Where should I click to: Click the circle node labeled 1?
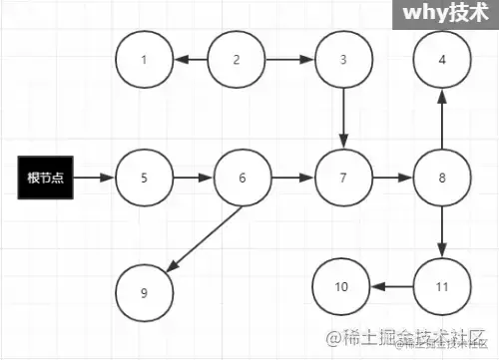pyautogui.click(x=144, y=60)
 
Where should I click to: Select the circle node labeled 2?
pyautogui.click(x=237, y=60)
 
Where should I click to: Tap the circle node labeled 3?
pyautogui.click(x=343, y=60)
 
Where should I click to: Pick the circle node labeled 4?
pyautogui.click(x=442, y=60)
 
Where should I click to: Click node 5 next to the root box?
pyautogui.click(x=144, y=179)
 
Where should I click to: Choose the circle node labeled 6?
pyautogui.click(x=243, y=179)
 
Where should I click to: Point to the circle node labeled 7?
pyautogui.click(x=343, y=179)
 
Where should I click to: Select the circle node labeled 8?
pyautogui.click(x=442, y=179)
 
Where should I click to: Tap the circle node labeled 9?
pyautogui.click(x=144, y=292)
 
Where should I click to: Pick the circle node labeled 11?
pyautogui.click(x=442, y=287)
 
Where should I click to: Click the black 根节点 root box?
pyautogui.click(x=43, y=179)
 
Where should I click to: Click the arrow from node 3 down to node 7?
pyautogui.click(x=343, y=119)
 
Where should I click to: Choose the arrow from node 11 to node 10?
pyautogui.click(x=391, y=287)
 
